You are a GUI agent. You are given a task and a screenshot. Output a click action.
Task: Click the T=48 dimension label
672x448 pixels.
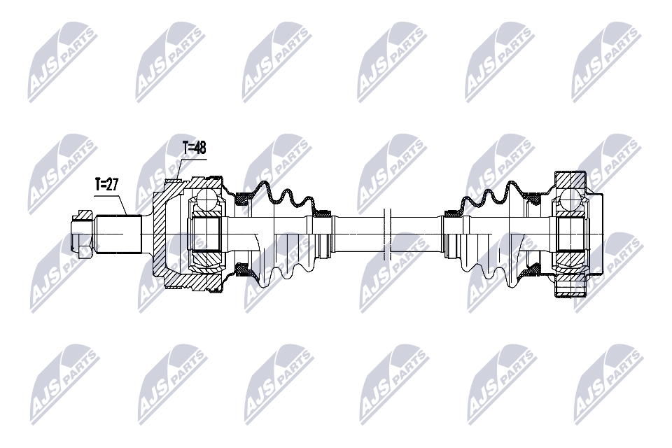195,148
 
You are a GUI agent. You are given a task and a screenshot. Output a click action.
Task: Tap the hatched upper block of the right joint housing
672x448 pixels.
568,178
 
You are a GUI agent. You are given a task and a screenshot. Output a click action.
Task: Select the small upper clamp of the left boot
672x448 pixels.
323,212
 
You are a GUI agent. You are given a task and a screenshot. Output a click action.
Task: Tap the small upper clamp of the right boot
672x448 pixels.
451,212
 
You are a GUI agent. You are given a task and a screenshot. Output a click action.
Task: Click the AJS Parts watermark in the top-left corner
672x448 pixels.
62,62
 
